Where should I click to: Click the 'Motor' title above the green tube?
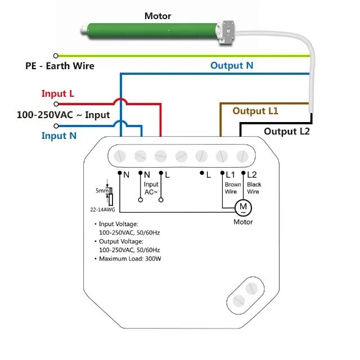click(x=157, y=16)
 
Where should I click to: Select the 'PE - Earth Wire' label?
click(x=60, y=66)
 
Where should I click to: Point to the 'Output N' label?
click(x=232, y=65)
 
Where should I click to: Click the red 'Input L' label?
click(x=57, y=93)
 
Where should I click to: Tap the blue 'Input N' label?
click(x=59, y=136)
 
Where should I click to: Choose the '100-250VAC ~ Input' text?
click(x=64, y=115)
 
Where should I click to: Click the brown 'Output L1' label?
click(x=255, y=111)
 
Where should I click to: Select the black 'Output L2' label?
click(x=287, y=131)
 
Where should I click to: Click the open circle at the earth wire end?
click(x=56, y=56)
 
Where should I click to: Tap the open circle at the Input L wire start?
click(x=56, y=104)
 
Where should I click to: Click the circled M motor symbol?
click(x=243, y=208)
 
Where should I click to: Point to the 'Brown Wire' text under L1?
click(x=233, y=188)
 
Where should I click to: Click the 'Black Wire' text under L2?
click(x=254, y=188)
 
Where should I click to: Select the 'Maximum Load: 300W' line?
click(x=130, y=259)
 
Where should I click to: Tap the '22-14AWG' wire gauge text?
click(x=102, y=209)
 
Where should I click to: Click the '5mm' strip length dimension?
click(x=102, y=191)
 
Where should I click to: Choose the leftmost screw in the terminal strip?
click(x=120, y=156)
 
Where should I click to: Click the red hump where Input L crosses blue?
click(x=120, y=101)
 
